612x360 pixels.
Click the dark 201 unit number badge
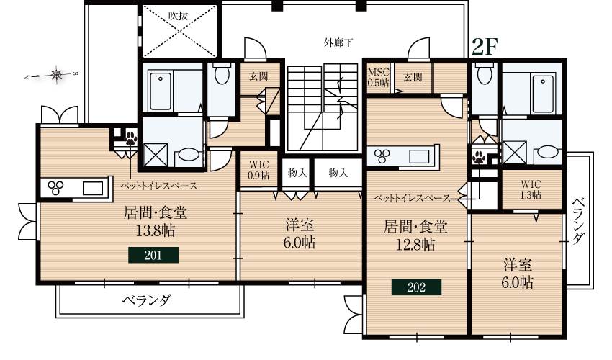click(x=153, y=255)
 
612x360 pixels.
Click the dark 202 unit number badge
click(x=415, y=287)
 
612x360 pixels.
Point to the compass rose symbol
click(x=57, y=73)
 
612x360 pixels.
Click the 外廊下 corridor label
click(x=338, y=42)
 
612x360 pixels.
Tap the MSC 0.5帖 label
click(x=379, y=78)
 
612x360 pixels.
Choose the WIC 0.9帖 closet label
click(x=258, y=169)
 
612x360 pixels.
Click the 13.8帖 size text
click(x=151, y=231)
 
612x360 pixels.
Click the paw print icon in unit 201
click(x=131, y=138)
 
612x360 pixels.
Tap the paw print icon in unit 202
click(x=479, y=156)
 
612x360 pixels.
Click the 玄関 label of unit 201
click(x=259, y=76)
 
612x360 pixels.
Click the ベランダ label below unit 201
click(x=146, y=300)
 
